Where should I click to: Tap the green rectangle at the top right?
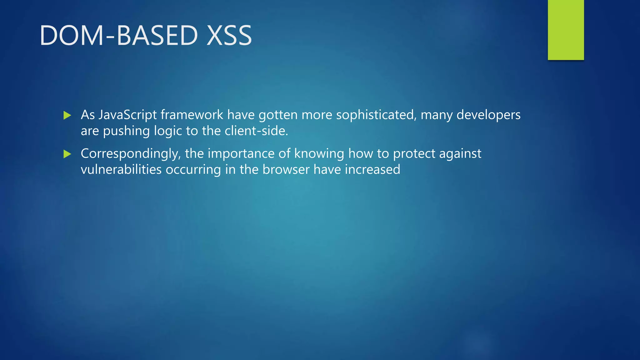pyautogui.click(x=566, y=30)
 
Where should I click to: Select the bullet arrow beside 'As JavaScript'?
pyautogui.click(x=67, y=115)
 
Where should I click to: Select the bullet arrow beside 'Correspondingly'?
pyautogui.click(x=67, y=154)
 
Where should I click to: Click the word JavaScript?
pyautogui.click(x=127, y=115)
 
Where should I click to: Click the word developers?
pyautogui.click(x=488, y=115)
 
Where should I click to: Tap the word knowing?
pyautogui.click(x=319, y=154)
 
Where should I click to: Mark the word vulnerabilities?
pyautogui.click(x=121, y=170)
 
